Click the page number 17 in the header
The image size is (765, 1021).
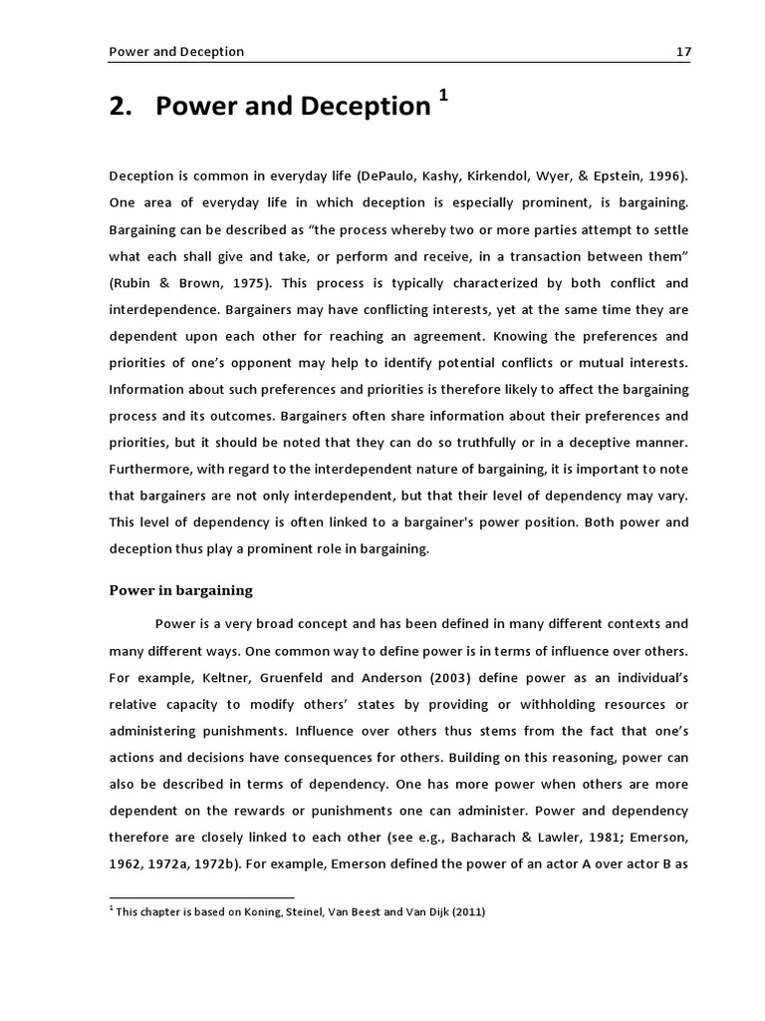coord(682,51)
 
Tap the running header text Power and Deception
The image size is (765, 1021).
coord(176,51)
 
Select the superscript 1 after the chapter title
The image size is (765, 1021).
coord(443,96)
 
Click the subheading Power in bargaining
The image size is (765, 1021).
coord(180,590)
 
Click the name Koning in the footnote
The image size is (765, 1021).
coord(286,912)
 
